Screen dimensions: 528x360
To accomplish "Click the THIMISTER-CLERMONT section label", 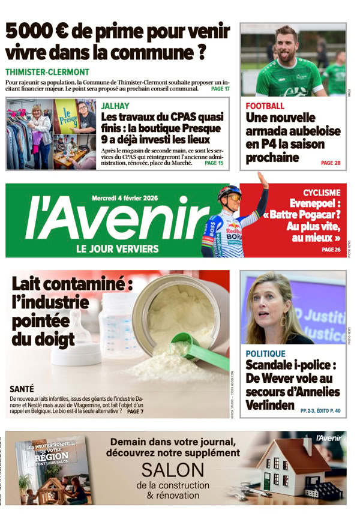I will point(47,71).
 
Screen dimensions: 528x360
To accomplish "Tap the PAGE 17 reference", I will point(220,89).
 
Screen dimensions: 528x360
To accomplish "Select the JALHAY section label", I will point(115,106).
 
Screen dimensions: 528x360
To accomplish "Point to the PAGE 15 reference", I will point(214,163).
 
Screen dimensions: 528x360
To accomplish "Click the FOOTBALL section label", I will point(265,106).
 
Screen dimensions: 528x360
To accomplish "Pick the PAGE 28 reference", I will point(331,163).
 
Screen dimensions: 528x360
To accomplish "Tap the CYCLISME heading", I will point(322,193).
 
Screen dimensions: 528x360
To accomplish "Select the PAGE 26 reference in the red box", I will point(331,250).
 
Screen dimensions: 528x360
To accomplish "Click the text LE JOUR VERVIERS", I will point(118,248).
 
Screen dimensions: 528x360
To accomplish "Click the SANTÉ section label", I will point(23,389).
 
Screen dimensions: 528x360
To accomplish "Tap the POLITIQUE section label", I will point(266,354).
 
